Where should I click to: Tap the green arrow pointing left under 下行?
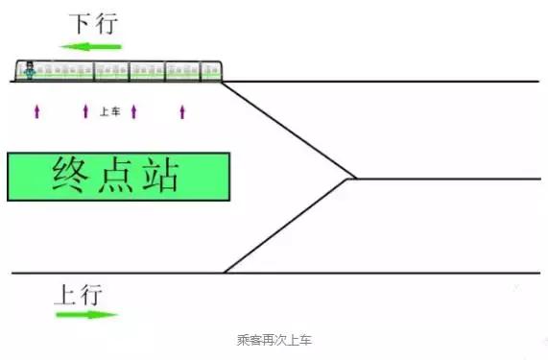click(90, 45)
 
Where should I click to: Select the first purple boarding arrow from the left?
click(36, 111)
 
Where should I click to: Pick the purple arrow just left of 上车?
click(85, 111)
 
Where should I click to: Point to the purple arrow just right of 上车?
click(133, 111)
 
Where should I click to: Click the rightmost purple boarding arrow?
click(182, 111)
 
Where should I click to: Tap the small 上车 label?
click(109, 111)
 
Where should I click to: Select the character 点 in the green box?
click(118, 176)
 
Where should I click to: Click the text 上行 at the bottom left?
click(76, 294)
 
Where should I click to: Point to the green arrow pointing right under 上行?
click(86, 314)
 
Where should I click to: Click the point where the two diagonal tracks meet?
click(352, 179)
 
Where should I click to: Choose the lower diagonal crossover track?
click(288, 227)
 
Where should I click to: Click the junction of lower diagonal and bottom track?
click(225, 274)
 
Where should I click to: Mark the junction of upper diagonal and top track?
click(223, 82)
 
